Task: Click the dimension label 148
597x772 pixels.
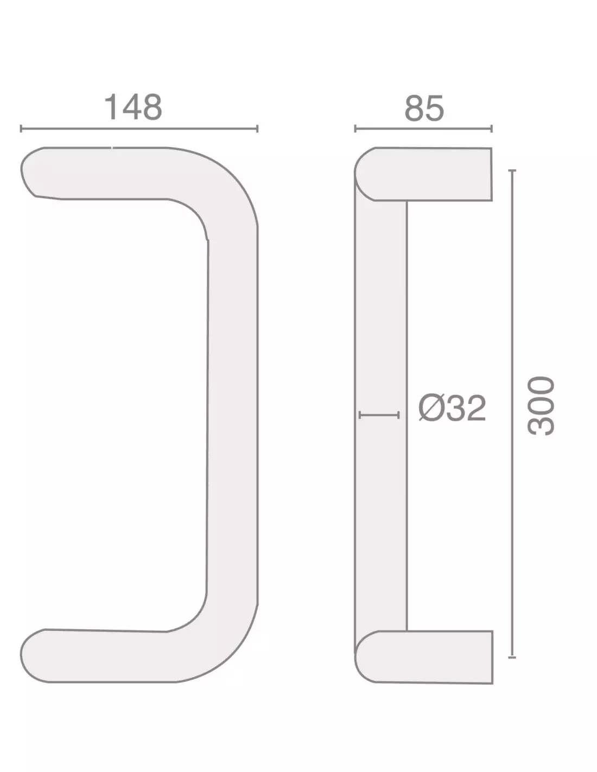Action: click(x=133, y=107)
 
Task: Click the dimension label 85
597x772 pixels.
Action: click(x=424, y=107)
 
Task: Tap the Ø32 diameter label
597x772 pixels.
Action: click(x=452, y=409)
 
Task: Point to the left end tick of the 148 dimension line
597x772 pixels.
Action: click(x=21, y=129)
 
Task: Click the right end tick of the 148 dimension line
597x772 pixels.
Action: click(x=257, y=129)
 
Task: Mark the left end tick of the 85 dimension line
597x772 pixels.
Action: click(x=355, y=129)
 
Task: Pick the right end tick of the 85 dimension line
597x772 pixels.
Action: click(x=492, y=129)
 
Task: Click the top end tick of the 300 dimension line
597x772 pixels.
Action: click(x=512, y=171)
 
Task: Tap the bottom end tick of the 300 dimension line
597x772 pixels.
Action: click(x=512, y=657)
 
